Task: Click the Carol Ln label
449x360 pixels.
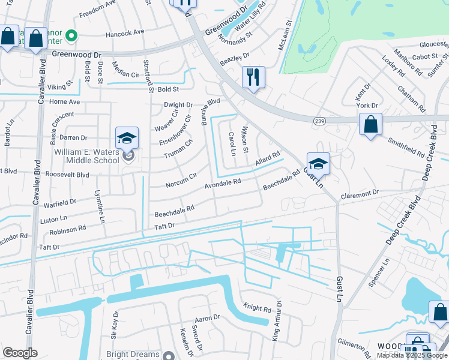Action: (x=232, y=143)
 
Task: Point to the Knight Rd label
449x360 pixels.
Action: (x=257, y=308)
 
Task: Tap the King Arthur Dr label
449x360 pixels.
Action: (x=277, y=324)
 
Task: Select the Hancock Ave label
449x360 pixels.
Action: (x=125, y=32)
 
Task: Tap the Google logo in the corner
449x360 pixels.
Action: (x=19, y=353)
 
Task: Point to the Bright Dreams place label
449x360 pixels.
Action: (x=133, y=355)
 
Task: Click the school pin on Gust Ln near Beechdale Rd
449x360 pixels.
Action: (x=318, y=163)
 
